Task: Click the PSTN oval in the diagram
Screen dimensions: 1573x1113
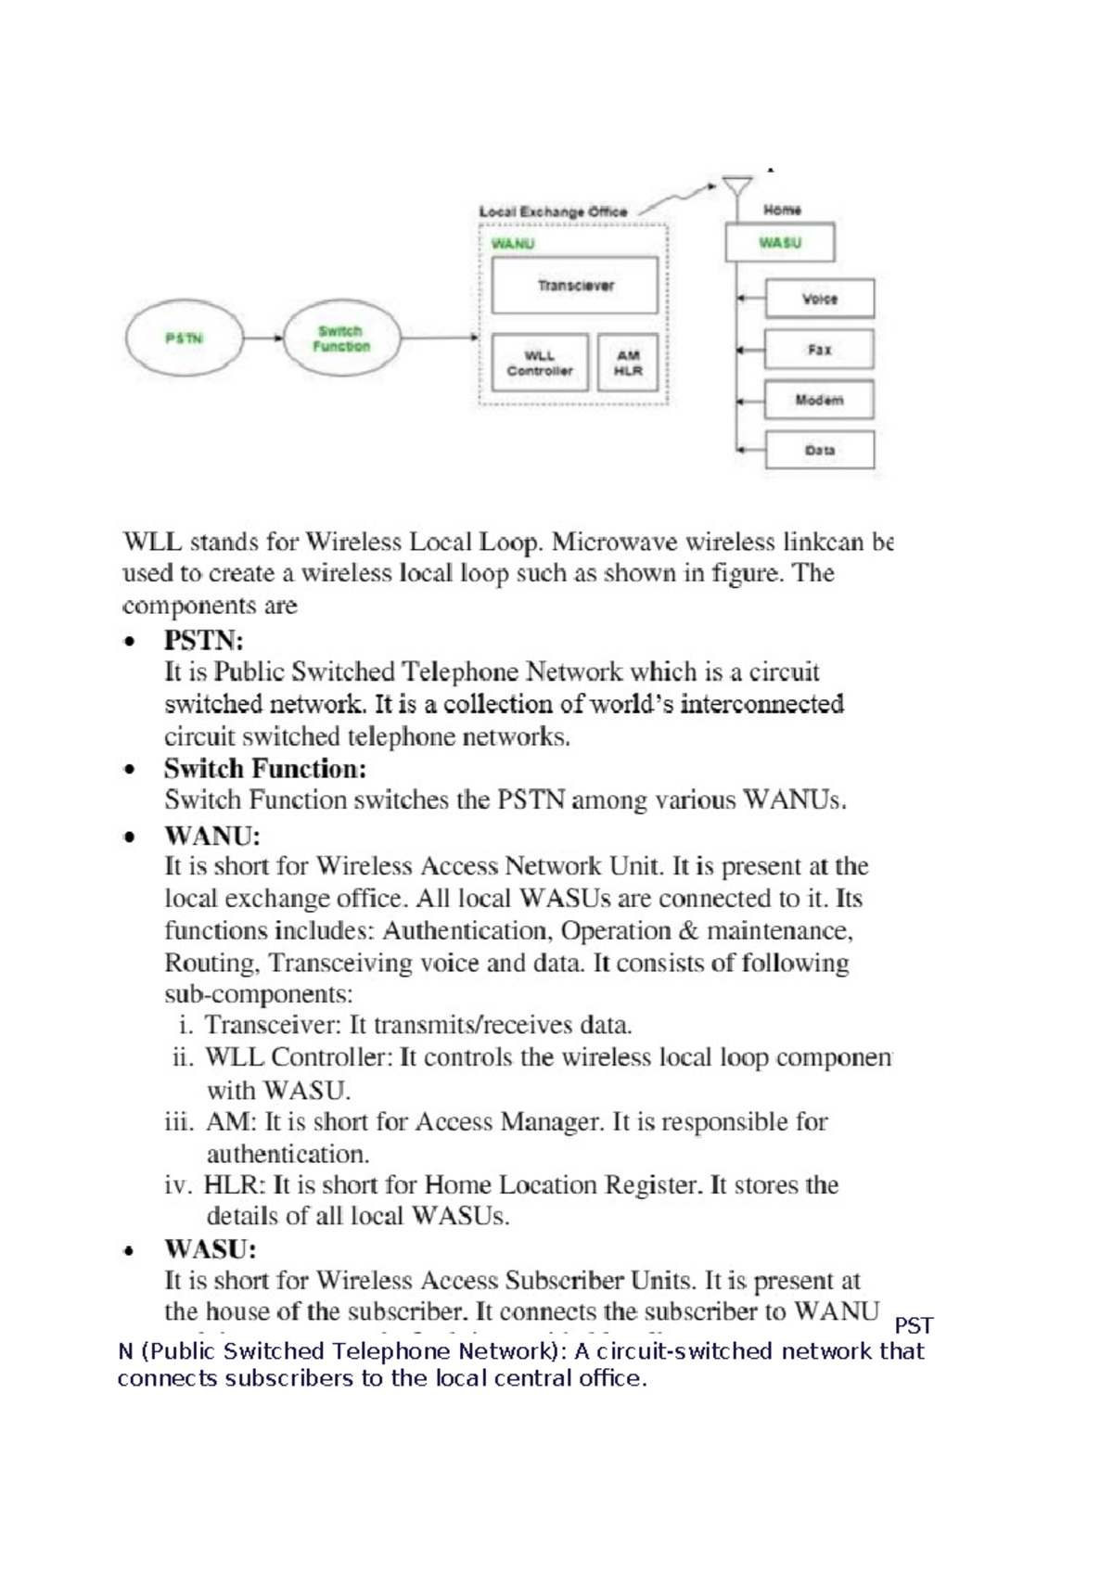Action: (x=184, y=339)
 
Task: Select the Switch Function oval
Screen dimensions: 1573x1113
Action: (x=341, y=339)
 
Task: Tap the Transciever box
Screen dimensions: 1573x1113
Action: (x=575, y=286)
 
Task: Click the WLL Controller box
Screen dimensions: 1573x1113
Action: (x=539, y=363)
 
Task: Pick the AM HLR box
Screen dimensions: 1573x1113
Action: (x=628, y=363)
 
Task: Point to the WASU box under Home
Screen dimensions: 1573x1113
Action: (x=779, y=243)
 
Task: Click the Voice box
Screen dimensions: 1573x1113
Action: (x=819, y=299)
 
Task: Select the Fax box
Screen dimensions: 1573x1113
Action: (x=819, y=350)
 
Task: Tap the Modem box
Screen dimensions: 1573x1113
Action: (x=819, y=400)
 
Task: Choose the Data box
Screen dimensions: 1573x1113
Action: (x=819, y=450)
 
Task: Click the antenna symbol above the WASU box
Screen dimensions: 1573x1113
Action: (x=737, y=189)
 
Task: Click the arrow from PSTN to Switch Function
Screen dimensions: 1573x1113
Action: (x=263, y=339)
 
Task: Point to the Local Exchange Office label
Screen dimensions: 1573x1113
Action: (x=553, y=211)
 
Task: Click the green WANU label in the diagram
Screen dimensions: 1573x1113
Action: (x=513, y=244)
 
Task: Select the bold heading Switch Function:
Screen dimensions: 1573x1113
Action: (x=265, y=769)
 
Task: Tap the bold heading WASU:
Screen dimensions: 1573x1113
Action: (x=210, y=1249)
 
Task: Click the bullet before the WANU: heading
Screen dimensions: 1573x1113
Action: (x=131, y=837)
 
